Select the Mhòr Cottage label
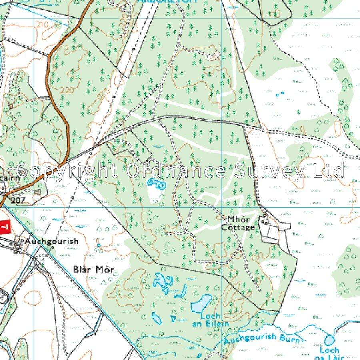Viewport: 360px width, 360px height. [241, 224]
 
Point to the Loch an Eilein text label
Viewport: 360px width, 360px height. [214, 320]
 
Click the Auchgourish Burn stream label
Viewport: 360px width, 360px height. [262, 339]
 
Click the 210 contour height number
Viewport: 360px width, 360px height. [42, 25]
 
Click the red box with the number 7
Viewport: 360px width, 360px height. [4, 228]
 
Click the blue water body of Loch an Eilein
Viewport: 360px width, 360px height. [201, 304]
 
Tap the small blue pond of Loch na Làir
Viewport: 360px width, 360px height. [329, 340]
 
